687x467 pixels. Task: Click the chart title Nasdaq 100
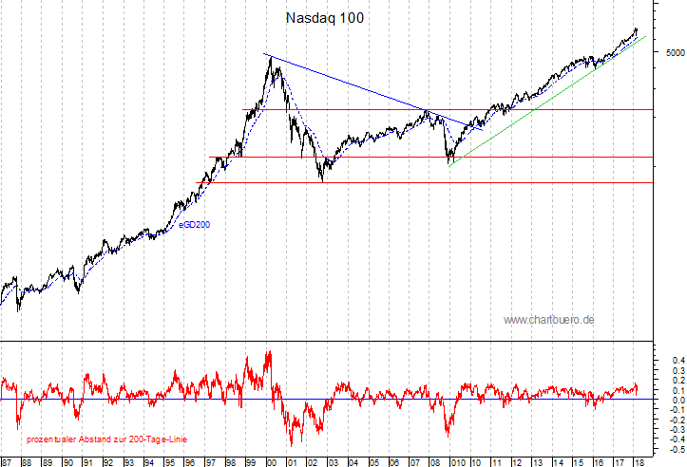pyautogui.click(x=324, y=18)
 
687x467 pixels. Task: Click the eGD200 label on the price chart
pyautogui.click(x=194, y=225)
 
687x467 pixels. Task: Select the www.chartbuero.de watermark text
pyautogui.click(x=548, y=320)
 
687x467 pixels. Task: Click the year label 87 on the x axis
pyautogui.click(x=7, y=462)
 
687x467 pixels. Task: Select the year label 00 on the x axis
pyautogui.click(x=271, y=462)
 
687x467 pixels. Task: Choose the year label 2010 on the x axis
pyautogui.click(x=458, y=462)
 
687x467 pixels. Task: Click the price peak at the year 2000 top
pyautogui.click(x=272, y=58)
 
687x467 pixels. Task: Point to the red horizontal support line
pyautogui.click(x=428, y=182)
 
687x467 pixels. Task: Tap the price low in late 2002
pyautogui.click(x=323, y=179)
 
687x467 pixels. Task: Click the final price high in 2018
pyautogui.click(x=636, y=29)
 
